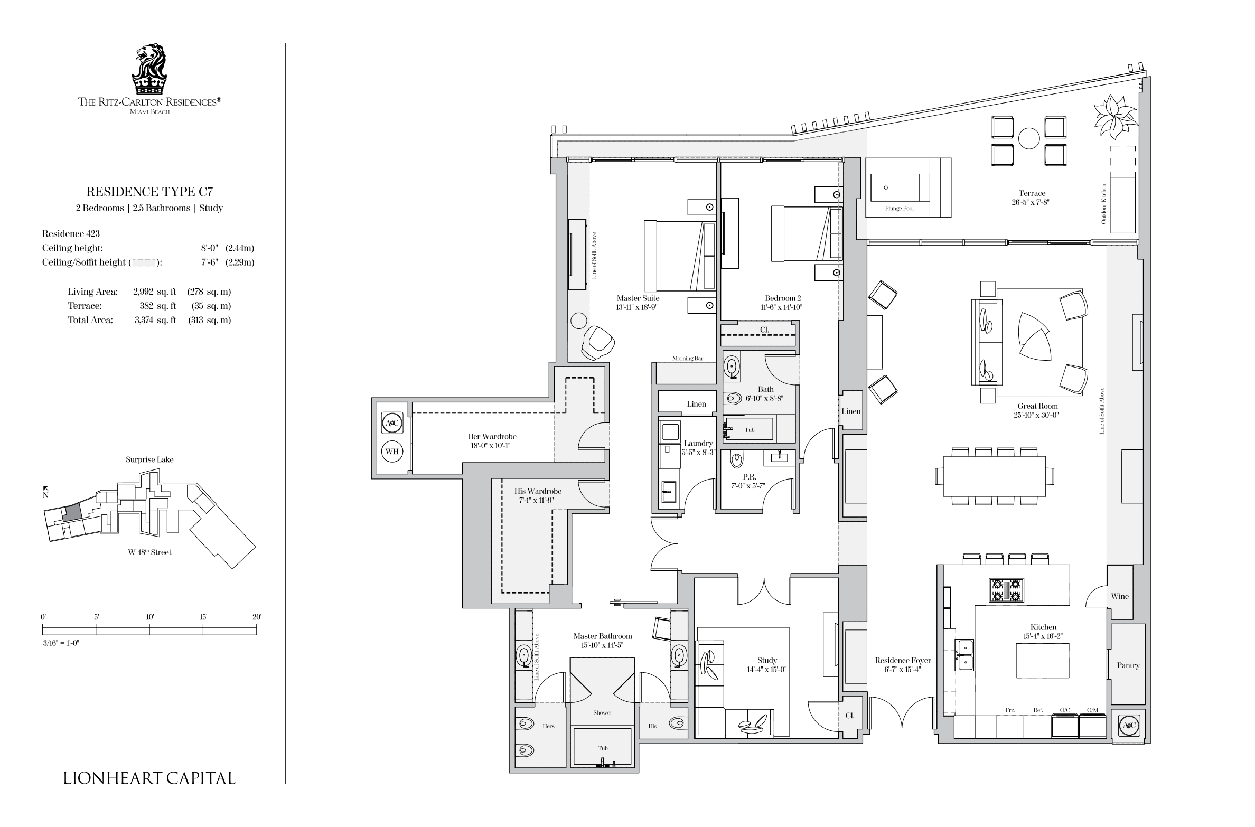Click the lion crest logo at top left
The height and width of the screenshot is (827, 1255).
(149, 69)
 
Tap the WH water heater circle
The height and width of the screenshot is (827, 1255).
(392, 452)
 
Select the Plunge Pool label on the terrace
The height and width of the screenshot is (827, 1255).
(899, 209)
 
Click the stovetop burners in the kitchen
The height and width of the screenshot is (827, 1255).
(1006, 590)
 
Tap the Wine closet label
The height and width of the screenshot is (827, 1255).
(1120, 596)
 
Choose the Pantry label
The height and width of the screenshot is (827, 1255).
(1128, 665)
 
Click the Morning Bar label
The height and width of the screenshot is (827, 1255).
(688, 359)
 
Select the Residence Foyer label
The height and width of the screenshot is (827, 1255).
(903, 660)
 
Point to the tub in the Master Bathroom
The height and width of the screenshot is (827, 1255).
(603, 747)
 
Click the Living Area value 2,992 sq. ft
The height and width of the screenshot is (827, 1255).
(154, 292)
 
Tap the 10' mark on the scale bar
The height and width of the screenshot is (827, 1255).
(149, 617)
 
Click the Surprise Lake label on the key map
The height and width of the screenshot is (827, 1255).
(149, 459)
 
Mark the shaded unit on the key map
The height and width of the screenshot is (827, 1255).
(72, 512)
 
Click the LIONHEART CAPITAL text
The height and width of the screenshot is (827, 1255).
(149, 778)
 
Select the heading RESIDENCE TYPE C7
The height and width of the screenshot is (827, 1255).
(150, 191)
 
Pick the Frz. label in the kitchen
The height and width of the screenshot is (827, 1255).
(1010, 710)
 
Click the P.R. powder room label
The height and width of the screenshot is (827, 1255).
(749, 477)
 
